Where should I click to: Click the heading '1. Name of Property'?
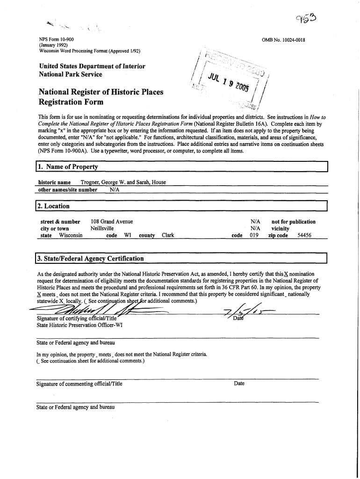coord(68,167)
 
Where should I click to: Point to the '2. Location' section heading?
coord(55,206)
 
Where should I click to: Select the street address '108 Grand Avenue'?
coord(112,222)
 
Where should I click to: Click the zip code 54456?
coord(304,235)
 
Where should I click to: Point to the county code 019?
coord(254,235)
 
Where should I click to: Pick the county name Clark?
coord(168,235)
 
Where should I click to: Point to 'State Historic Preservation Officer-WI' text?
coord(79,326)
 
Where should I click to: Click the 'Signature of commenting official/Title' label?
coord(79,384)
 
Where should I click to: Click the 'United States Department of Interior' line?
coord(92,66)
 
